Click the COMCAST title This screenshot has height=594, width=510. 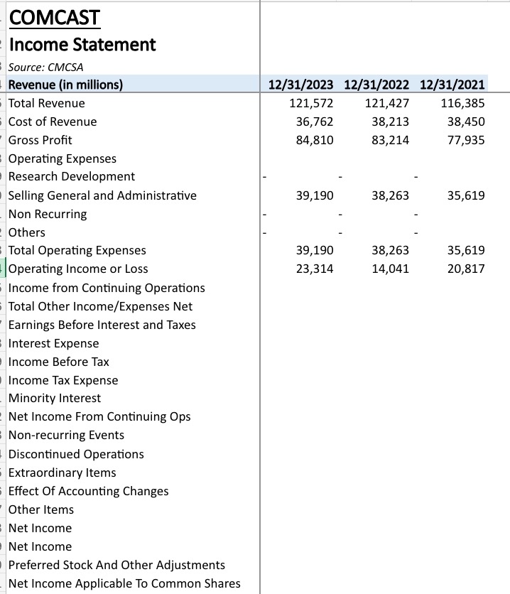point(54,17)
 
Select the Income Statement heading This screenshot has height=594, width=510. point(82,44)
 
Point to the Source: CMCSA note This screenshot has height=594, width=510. point(46,67)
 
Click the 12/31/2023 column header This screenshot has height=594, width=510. point(301,85)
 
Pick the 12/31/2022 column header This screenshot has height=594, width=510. point(376,85)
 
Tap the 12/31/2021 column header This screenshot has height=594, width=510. point(452,85)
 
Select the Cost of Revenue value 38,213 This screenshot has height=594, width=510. point(390,121)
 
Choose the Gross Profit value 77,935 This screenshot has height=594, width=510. point(466,140)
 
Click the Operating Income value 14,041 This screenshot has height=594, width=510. point(390,269)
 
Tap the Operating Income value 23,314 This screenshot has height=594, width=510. point(314,269)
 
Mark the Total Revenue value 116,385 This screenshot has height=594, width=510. point(462,104)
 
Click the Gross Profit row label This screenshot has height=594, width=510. point(40,140)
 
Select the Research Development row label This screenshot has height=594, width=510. point(72,176)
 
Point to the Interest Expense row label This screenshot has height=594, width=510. point(54,343)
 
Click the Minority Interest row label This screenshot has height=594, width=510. point(55,398)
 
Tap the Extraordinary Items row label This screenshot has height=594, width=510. point(63,472)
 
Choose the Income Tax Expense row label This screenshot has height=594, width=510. point(63,380)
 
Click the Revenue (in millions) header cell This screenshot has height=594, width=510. point(66,85)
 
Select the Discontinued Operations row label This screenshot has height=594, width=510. point(76,454)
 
